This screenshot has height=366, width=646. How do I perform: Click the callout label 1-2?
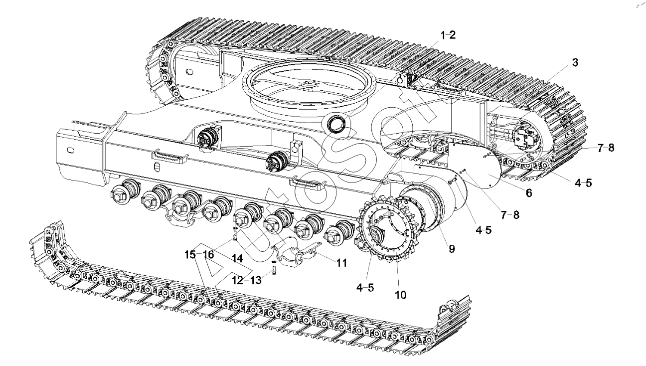pyautogui.click(x=447, y=35)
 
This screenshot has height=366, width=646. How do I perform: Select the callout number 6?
pyautogui.click(x=529, y=192)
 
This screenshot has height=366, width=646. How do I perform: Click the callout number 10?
pyautogui.click(x=401, y=295)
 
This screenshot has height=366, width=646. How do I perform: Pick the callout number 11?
pyautogui.click(x=340, y=262)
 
